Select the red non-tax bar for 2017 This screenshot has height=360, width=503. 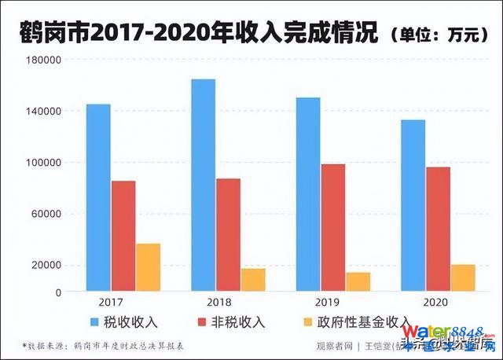(123, 236)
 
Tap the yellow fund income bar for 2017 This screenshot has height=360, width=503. (148, 267)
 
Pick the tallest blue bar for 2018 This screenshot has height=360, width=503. (203, 186)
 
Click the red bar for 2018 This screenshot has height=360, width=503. (228, 235)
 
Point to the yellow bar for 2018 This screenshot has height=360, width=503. (253, 280)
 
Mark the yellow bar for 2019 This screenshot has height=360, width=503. (358, 281)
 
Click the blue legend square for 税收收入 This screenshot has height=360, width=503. (94, 321)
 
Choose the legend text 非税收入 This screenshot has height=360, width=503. (237, 321)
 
